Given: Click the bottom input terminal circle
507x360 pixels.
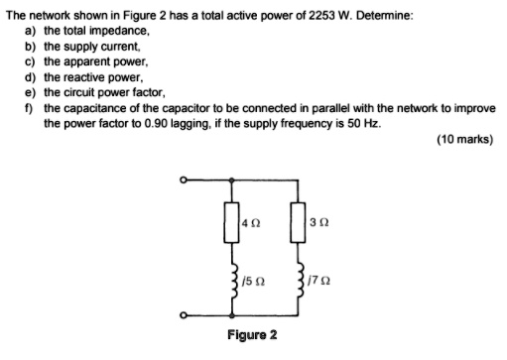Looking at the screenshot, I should click(x=183, y=317).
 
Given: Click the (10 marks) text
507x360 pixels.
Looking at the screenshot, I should click(x=464, y=140).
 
